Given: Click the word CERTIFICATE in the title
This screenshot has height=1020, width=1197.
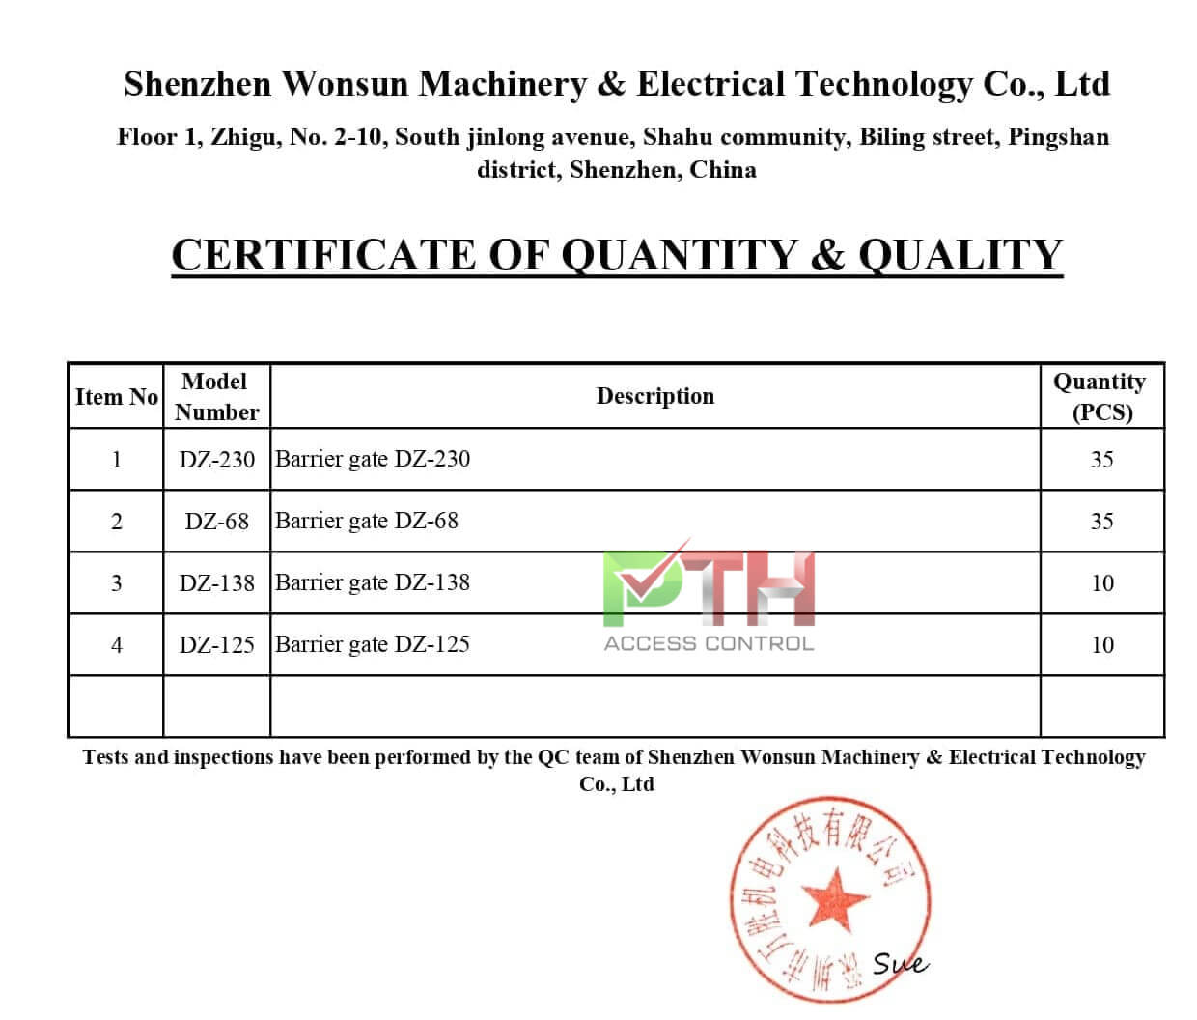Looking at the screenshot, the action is tap(323, 255).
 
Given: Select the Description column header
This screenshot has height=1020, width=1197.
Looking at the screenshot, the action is tap(654, 396).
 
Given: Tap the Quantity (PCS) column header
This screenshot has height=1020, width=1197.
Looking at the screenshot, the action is tap(1100, 396).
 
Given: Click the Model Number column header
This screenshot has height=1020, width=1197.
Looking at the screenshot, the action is tap(216, 396).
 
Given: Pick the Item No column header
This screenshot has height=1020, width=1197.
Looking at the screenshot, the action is tap(116, 397).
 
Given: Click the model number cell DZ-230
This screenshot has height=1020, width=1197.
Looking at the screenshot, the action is tap(216, 460).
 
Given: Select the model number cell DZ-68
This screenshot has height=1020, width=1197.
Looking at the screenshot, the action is tap(216, 522).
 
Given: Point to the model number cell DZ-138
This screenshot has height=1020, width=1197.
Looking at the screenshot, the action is tap(216, 583).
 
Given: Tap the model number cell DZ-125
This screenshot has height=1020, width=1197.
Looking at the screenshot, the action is tap(216, 645).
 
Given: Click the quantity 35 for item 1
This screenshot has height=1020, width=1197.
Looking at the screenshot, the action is tap(1101, 460).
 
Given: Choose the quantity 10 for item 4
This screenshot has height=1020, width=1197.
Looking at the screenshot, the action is tap(1101, 645).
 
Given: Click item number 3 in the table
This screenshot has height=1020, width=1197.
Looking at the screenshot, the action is tap(116, 583).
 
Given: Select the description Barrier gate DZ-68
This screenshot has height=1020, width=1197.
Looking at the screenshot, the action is tap(367, 521).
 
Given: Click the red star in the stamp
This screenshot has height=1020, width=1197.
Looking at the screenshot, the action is tap(834, 898).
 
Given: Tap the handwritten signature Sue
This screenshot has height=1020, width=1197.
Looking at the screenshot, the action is tap(899, 963).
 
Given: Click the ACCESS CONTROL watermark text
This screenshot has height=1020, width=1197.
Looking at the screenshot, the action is tap(709, 643).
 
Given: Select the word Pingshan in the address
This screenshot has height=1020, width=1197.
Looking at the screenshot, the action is tap(1058, 137).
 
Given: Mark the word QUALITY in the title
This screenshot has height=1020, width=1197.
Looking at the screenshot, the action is tap(960, 255).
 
